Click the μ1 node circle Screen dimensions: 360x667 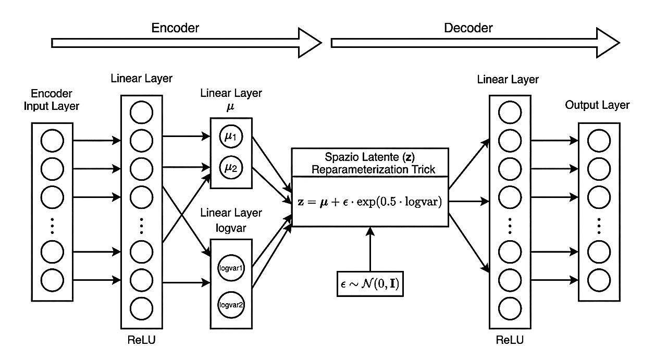pos(231,138)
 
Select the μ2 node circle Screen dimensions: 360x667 pos(231,168)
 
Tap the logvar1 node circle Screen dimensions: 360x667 pos(231,268)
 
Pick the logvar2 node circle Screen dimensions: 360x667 pos(231,305)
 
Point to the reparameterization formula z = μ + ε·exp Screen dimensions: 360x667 pos(370,202)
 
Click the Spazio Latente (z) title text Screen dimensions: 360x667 pos(370,157)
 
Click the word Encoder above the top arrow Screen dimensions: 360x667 pos(175,28)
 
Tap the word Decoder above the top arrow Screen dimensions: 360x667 pos(468,28)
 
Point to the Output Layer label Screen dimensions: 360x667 pos(597,105)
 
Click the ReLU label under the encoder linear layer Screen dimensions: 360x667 pos(142,341)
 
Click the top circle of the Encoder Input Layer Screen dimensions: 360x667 pos(52,141)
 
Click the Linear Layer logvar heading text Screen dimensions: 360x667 pos(231,220)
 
